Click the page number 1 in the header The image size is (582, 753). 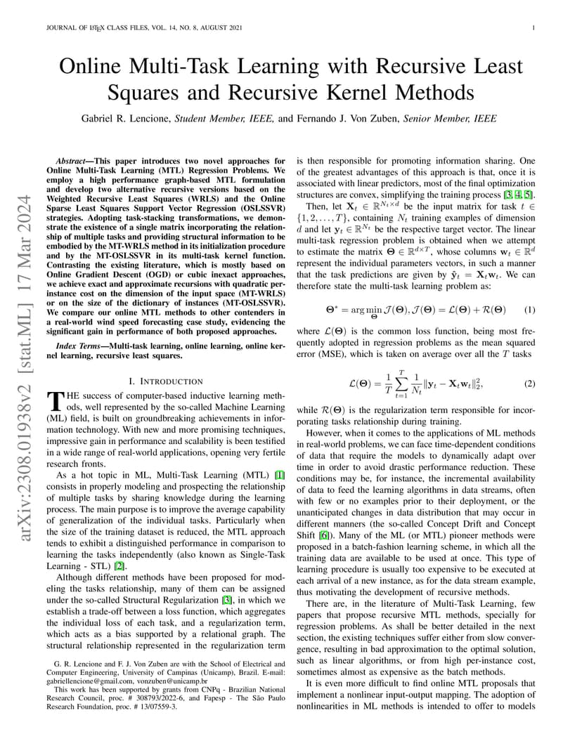coord(534,27)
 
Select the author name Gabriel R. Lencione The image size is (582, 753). coord(125,119)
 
